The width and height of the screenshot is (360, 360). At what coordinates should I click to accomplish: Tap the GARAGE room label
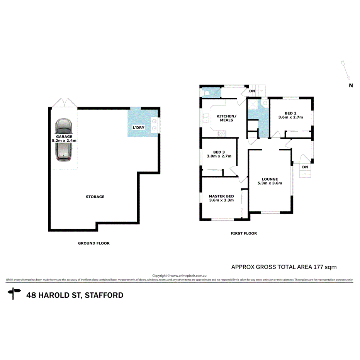point(64,137)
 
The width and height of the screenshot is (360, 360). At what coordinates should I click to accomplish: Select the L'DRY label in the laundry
point(139,127)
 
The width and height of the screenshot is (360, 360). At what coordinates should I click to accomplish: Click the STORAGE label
point(95,197)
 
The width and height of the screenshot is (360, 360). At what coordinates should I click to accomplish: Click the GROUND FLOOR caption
point(94,243)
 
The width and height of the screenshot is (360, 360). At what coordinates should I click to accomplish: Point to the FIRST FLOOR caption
point(244,233)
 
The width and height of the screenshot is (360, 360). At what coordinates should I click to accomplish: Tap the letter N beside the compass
point(351,86)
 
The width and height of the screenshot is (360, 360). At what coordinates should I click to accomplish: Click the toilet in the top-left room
point(207,93)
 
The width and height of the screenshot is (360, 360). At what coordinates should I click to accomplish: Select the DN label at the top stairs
point(252,91)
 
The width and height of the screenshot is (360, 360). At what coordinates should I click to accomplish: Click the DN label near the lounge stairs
point(305,167)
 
